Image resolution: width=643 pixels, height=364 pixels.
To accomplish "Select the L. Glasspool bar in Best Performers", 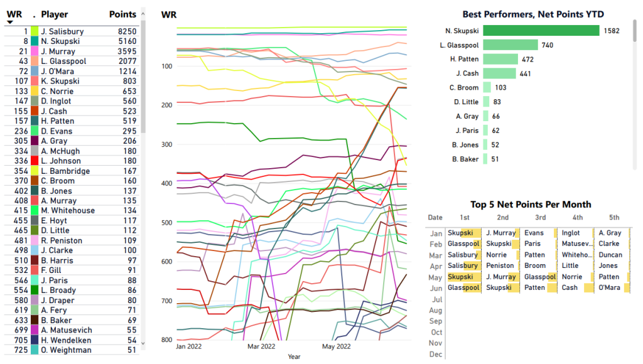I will coord(511,45).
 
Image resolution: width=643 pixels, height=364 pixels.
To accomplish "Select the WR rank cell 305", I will coord(20,141).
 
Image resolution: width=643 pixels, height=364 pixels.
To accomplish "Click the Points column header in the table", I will coord(122,14).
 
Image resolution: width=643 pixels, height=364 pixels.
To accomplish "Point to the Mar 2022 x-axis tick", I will coord(261,346).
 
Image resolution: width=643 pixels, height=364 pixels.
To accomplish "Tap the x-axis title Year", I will coord(294,356).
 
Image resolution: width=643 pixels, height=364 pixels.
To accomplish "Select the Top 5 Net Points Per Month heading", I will coord(531,205).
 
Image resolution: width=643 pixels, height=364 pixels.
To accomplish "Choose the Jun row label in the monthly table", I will coord(435,289).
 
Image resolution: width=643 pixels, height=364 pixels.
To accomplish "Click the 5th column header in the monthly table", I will coord(613,218).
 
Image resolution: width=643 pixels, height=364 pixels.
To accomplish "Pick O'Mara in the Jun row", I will coord(610,288).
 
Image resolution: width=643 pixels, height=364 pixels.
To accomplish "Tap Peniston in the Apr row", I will coord(500,266).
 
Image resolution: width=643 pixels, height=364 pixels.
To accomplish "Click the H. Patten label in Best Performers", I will coord(465,60).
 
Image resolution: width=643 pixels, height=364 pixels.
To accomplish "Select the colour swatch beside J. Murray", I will coord(34,51).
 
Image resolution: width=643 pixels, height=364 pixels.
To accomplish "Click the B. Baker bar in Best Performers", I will coord(485,159).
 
